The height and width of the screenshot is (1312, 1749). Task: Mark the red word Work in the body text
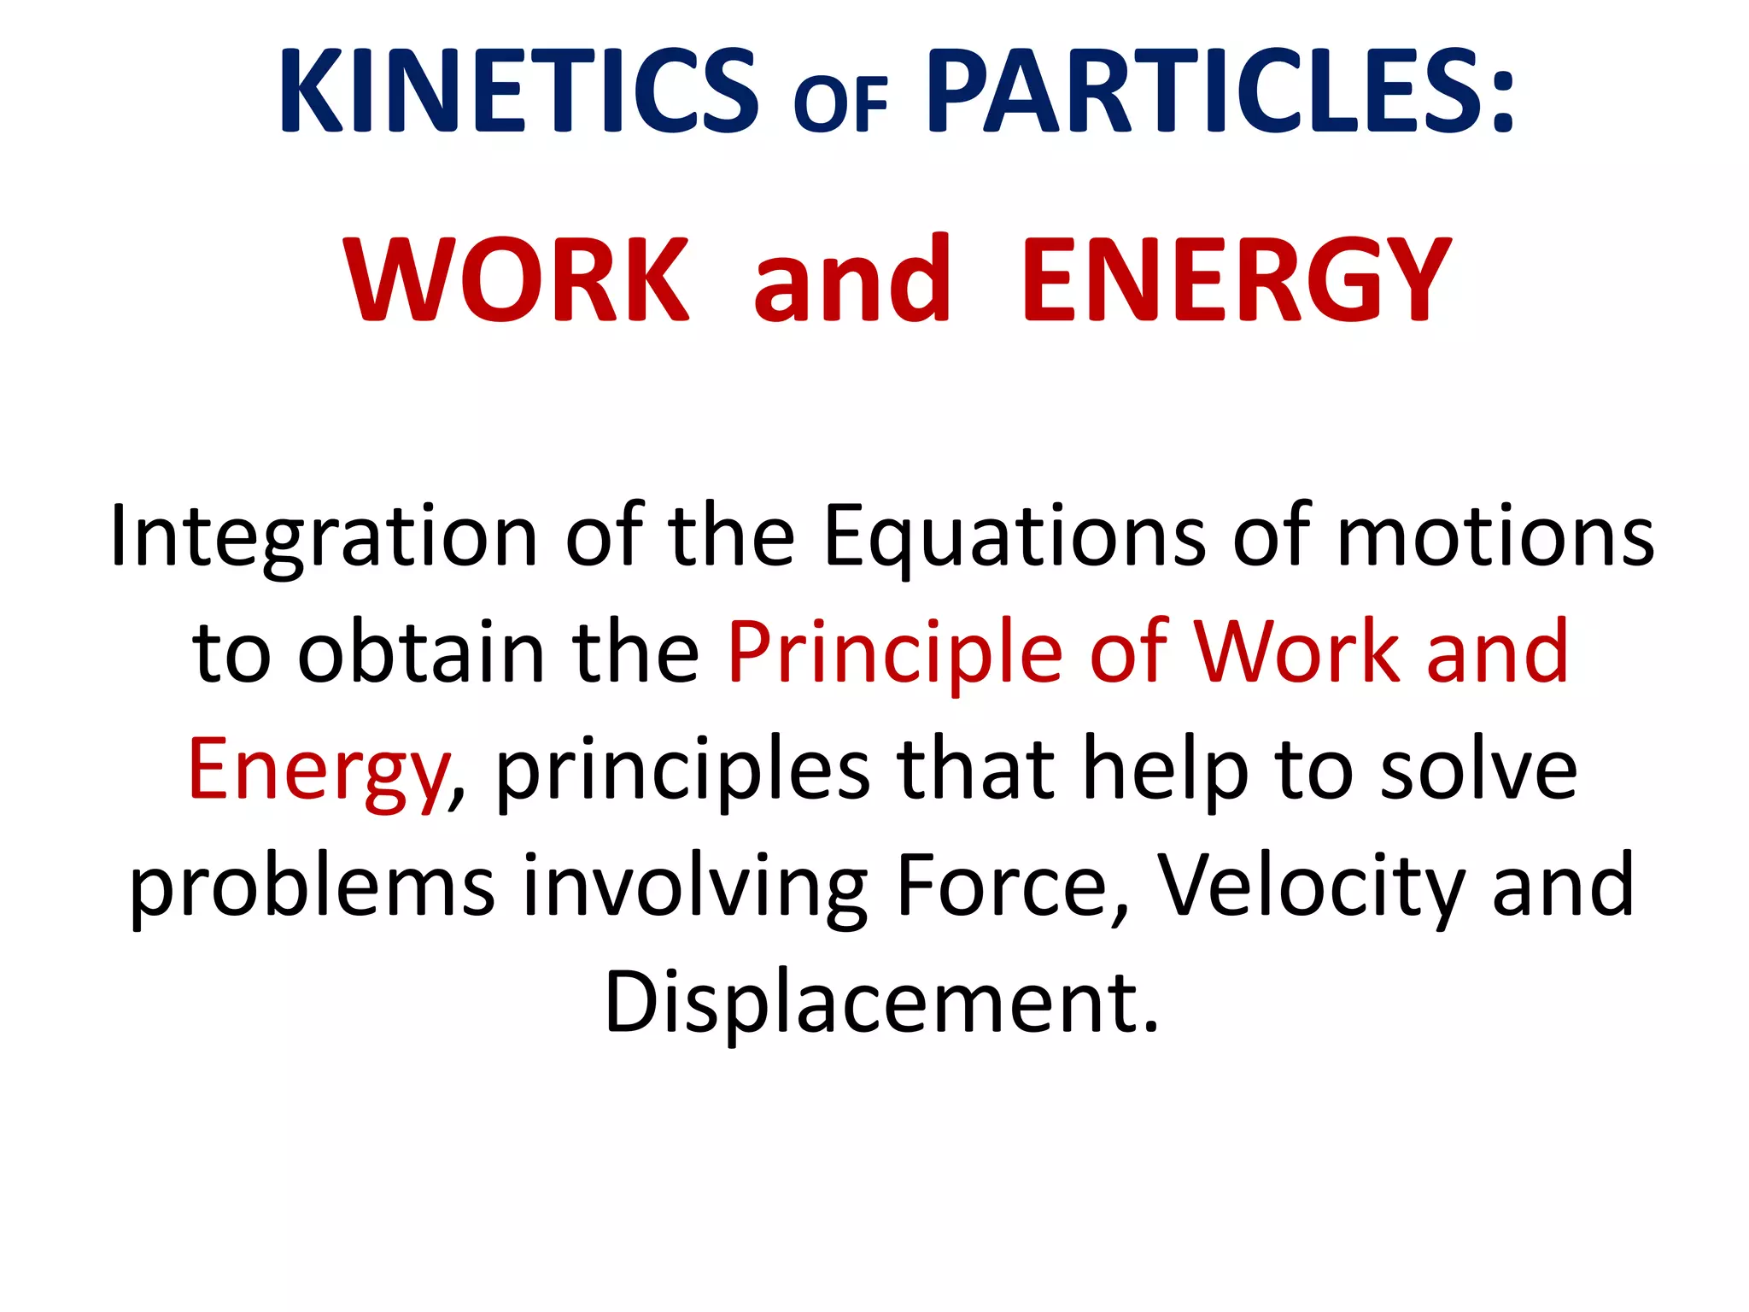tap(1296, 653)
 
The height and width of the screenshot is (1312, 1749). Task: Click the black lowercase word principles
tap(683, 771)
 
